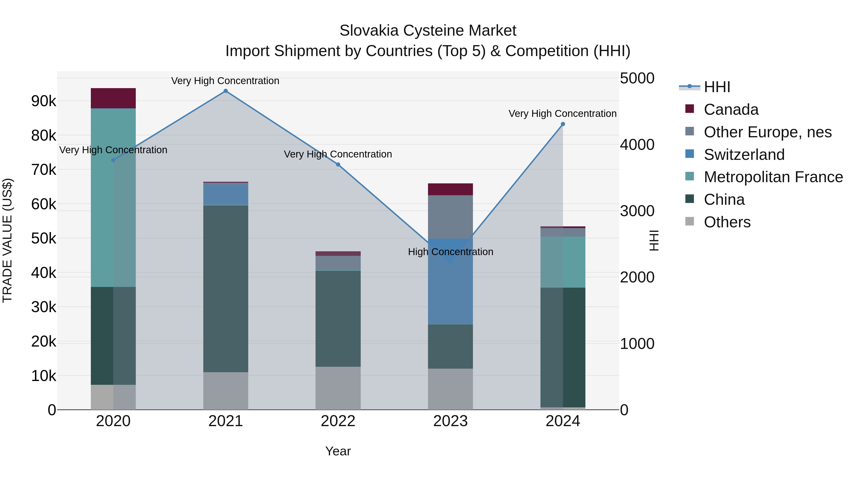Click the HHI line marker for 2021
click(226, 91)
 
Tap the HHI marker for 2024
click(563, 124)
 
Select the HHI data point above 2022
click(338, 165)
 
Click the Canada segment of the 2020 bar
click(113, 98)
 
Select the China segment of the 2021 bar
click(226, 289)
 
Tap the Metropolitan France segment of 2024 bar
click(563, 262)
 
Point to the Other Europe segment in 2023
click(450, 217)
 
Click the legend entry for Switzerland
click(744, 155)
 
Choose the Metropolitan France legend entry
click(773, 177)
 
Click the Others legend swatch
click(690, 221)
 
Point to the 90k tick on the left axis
click(44, 101)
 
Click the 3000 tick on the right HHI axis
click(637, 211)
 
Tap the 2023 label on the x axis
click(450, 421)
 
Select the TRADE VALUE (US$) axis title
click(8, 240)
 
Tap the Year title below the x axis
click(338, 451)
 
